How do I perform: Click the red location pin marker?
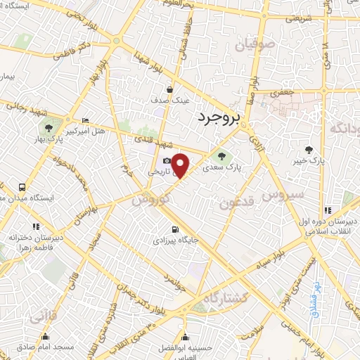click(181, 165)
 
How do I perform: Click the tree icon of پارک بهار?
click(48, 128)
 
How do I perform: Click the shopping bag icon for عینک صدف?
click(170, 89)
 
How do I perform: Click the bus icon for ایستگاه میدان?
click(22, 188)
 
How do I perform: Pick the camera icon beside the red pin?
click(167, 161)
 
